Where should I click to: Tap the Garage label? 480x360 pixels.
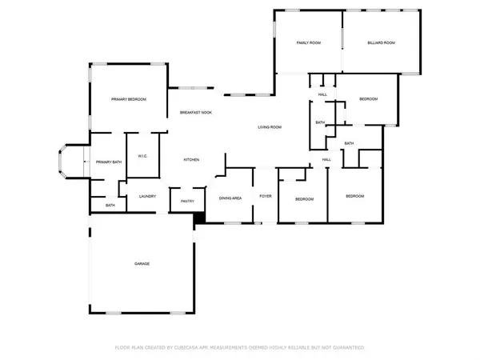[x=142, y=264]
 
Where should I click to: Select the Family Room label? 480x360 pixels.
[x=309, y=42]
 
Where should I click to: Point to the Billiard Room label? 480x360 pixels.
[x=381, y=42]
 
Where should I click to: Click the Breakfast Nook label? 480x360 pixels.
[x=195, y=113]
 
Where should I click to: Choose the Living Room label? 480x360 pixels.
[x=269, y=128]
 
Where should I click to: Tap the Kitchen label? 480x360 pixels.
[x=191, y=160]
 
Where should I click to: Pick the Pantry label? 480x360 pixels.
[x=187, y=202]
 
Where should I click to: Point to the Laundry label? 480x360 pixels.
[x=146, y=197]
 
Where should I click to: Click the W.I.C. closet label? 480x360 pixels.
[x=141, y=156]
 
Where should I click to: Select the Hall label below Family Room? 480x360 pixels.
[x=322, y=94]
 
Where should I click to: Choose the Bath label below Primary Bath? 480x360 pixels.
[x=110, y=206]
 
